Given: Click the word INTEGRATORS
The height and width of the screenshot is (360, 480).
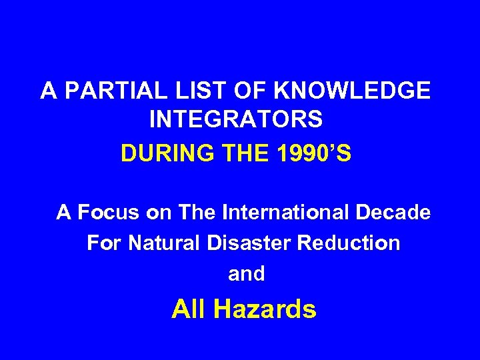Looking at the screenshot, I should pyautogui.click(x=237, y=121).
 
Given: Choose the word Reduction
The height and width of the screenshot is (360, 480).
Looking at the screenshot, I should pyautogui.click(x=352, y=243).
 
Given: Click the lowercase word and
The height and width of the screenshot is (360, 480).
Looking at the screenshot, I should pyautogui.click(x=247, y=273).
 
